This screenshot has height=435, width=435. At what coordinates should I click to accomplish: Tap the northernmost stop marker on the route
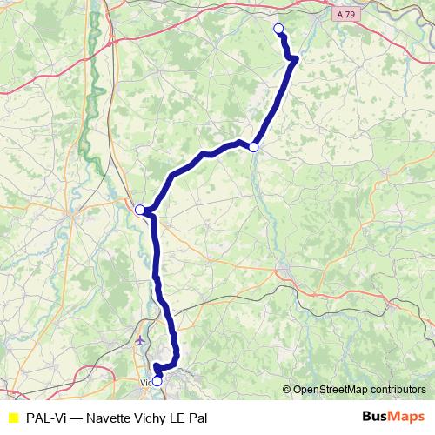[x=279, y=29]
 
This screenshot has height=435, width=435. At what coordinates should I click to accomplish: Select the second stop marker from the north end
[x=253, y=147]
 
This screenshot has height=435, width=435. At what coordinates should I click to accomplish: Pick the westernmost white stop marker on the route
[x=139, y=209]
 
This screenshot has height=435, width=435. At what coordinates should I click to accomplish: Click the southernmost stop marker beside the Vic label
[x=157, y=380]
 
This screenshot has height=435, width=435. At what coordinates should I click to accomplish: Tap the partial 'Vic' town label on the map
[x=145, y=381]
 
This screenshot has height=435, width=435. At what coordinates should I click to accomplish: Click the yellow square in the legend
[x=12, y=417]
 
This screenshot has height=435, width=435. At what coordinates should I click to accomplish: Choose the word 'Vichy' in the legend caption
[x=157, y=417]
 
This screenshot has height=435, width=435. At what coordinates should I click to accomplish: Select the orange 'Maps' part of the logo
[x=407, y=416]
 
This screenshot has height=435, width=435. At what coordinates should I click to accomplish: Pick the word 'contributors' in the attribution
[x=398, y=390]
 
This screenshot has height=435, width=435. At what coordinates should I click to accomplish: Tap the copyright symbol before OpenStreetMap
[x=288, y=390]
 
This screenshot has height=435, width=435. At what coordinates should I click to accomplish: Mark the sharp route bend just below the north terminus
[x=295, y=59]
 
